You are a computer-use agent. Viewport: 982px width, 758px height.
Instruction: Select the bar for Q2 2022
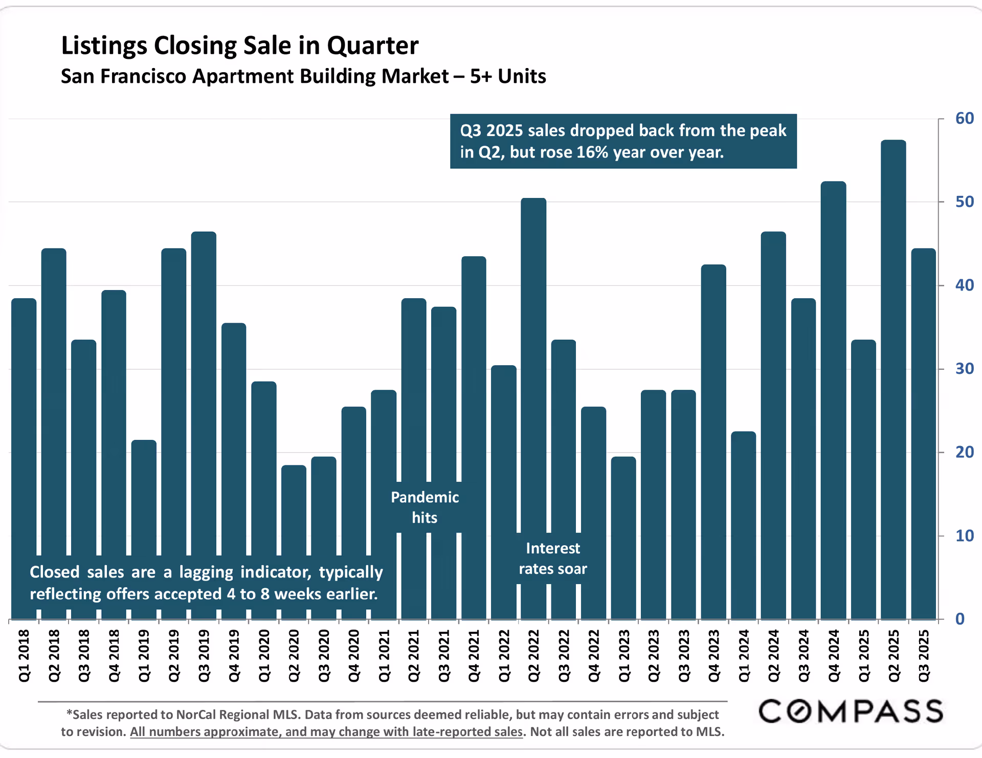tap(533, 358)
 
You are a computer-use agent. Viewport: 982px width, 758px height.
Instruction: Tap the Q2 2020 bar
tap(294, 511)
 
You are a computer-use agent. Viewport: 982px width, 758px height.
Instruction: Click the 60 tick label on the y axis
tap(964, 119)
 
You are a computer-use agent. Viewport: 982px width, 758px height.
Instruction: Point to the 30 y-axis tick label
tap(964, 369)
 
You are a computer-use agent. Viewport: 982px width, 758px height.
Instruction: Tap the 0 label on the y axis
tap(960, 619)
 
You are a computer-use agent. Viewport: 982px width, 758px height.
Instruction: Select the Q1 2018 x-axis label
tap(24, 656)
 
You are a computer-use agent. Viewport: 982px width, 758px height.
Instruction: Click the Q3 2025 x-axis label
tap(924, 656)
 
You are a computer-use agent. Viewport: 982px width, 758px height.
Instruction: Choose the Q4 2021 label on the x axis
tap(474, 656)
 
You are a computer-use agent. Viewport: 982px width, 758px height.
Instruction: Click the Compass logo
tap(851, 711)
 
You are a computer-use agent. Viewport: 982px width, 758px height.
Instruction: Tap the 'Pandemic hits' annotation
tap(425, 507)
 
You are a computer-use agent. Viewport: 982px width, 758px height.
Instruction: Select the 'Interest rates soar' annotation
tap(553, 559)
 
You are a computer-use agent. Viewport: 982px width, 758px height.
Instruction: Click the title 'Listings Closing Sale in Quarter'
tap(240, 46)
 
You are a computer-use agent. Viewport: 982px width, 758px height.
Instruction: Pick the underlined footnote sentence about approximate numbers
tap(326, 732)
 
